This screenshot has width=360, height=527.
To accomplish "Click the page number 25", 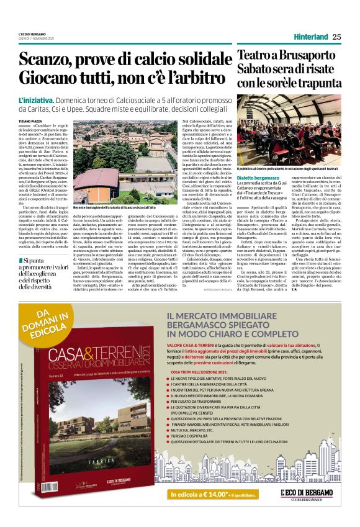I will pyautogui.click(x=336, y=37).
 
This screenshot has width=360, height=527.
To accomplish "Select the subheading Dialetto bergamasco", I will pyautogui.click(x=258, y=178).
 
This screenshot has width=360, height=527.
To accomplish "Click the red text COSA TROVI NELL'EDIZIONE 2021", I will pyautogui.click(x=212, y=389).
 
